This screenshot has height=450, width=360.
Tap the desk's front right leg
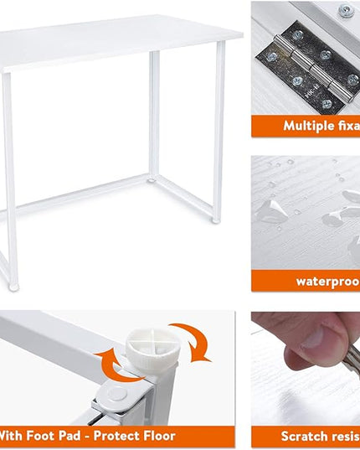coord(217,134)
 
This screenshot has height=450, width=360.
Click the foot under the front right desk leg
coord(216,220)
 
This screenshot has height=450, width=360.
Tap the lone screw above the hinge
coord(343,11)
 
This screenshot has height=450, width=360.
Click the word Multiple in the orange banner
coord(310,126)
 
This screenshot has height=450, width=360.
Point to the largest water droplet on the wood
coord(272,209)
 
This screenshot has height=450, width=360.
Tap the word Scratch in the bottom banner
coord(305,436)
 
